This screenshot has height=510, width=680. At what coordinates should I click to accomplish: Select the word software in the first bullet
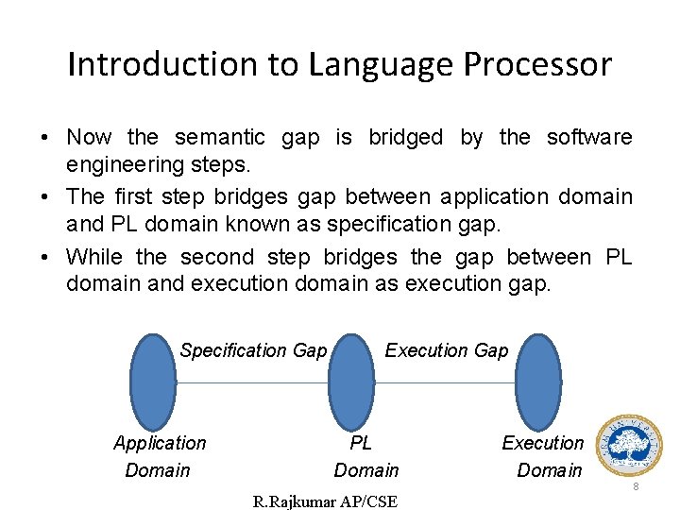coord(589,137)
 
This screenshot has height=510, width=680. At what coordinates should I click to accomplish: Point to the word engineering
coord(126,165)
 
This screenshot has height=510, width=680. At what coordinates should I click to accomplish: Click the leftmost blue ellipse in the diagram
coord(152,382)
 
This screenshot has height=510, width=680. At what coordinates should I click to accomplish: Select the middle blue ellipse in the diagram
coord(351,382)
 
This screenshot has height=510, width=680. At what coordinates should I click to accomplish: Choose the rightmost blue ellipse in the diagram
coord(538,382)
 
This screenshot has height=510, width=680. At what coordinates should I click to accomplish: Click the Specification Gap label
coord(253,350)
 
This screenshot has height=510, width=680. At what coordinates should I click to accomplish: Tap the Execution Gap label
coord(446,350)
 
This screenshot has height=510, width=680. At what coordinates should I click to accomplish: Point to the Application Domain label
coord(159,456)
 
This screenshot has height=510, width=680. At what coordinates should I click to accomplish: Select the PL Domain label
coord(365,456)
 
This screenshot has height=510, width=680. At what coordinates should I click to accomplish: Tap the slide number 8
coord(636,486)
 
